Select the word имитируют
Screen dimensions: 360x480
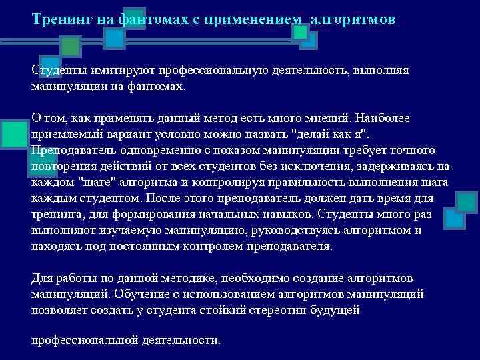pyautogui.click(x=114, y=71)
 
